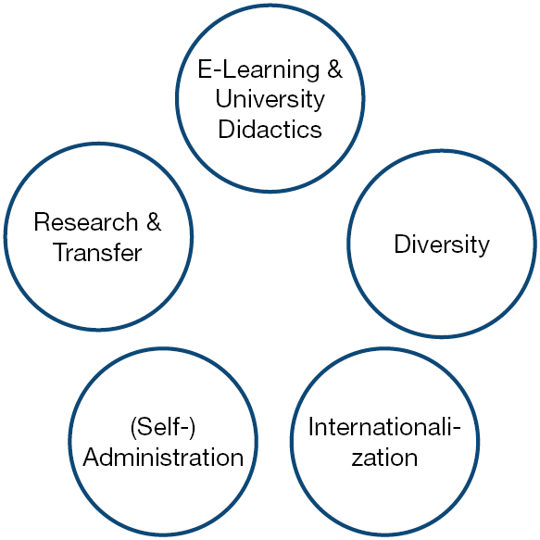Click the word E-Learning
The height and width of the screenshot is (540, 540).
click(258, 70)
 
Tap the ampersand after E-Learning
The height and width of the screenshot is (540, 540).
click(334, 69)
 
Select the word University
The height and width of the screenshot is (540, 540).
click(270, 100)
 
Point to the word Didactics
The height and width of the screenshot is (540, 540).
click(270, 129)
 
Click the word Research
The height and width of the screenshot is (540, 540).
click(86, 221)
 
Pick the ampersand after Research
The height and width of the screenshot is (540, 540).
click(154, 221)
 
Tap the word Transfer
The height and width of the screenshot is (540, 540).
click(98, 252)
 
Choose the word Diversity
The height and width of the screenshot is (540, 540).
click(442, 245)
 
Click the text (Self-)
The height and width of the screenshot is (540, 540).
click(162, 427)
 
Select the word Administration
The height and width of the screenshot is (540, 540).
click(163, 457)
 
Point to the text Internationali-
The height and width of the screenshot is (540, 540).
click(384, 427)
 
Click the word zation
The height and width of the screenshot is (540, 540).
click(384, 457)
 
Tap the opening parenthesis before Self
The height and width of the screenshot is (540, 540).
click(133, 427)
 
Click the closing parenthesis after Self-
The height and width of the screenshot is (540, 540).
click(192, 427)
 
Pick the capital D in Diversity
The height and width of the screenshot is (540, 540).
click(403, 244)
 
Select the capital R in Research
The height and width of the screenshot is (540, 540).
click(42, 221)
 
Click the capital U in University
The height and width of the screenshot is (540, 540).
click(223, 99)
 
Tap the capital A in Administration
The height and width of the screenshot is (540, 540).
click(92, 457)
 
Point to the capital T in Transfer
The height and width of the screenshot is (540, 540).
click(61, 252)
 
